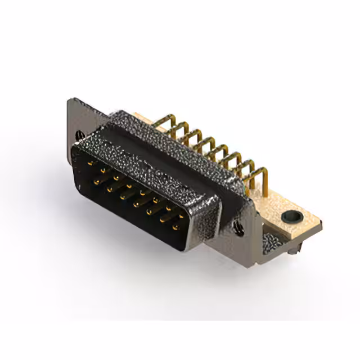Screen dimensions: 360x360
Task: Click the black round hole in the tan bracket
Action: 292,215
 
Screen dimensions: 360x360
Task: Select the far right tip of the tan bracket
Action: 322,224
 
